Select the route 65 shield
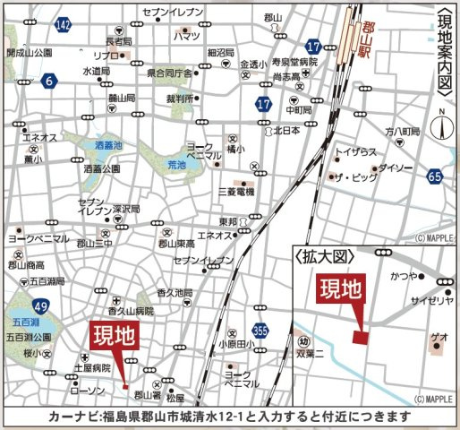point(435,176)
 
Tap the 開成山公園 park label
point(30,53)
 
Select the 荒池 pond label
point(176,165)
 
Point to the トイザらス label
point(355,152)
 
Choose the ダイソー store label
point(394,168)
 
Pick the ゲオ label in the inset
point(439,335)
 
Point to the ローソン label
point(87,391)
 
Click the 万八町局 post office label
point(402,132)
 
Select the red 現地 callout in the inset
point(341,290)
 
